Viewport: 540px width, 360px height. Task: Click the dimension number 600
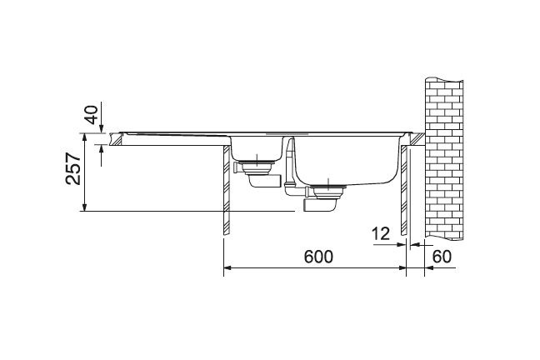click(318, 257)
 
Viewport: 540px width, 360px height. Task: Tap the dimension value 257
click(73, 168)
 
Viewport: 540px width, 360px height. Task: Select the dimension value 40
click(92, 114)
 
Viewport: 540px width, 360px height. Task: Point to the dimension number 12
click(381, 234)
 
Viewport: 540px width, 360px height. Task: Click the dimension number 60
click(442, 257)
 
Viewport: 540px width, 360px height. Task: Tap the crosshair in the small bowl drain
click(257, 159)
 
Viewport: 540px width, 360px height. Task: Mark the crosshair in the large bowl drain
click(328, 185)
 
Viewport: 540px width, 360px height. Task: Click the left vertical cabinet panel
click(227, 190)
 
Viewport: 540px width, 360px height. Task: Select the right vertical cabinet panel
click(404, 190)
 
